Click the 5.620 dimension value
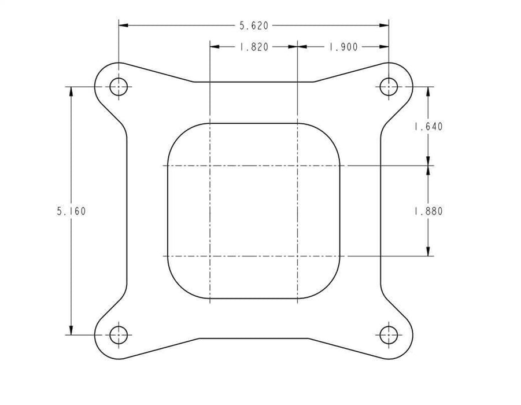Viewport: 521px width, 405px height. click(254, 25)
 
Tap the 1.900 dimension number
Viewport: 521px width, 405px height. click(343, 47)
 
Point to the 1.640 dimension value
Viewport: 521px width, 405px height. click(428, 127)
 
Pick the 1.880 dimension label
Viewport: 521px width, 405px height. click(428, 211)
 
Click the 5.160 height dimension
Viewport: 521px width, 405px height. click(71, 211)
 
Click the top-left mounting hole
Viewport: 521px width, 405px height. click(119, 87)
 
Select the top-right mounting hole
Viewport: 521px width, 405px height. click(389, 87)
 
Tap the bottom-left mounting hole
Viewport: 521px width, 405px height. click(119, 334)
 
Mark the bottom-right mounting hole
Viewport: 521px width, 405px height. click(389, 334)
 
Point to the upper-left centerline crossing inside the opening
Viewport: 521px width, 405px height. click(209, 166)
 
